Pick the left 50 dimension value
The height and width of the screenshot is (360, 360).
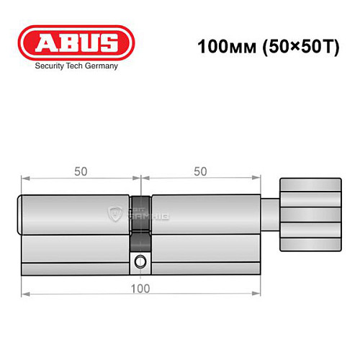(x=81, y=171)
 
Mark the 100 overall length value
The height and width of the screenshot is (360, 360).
(x=141, y=289)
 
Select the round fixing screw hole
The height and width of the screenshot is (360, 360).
(x=141, y=261)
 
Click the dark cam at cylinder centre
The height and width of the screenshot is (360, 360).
(x=141, y=216)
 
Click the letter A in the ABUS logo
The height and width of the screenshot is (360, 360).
(x=42, y=41)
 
